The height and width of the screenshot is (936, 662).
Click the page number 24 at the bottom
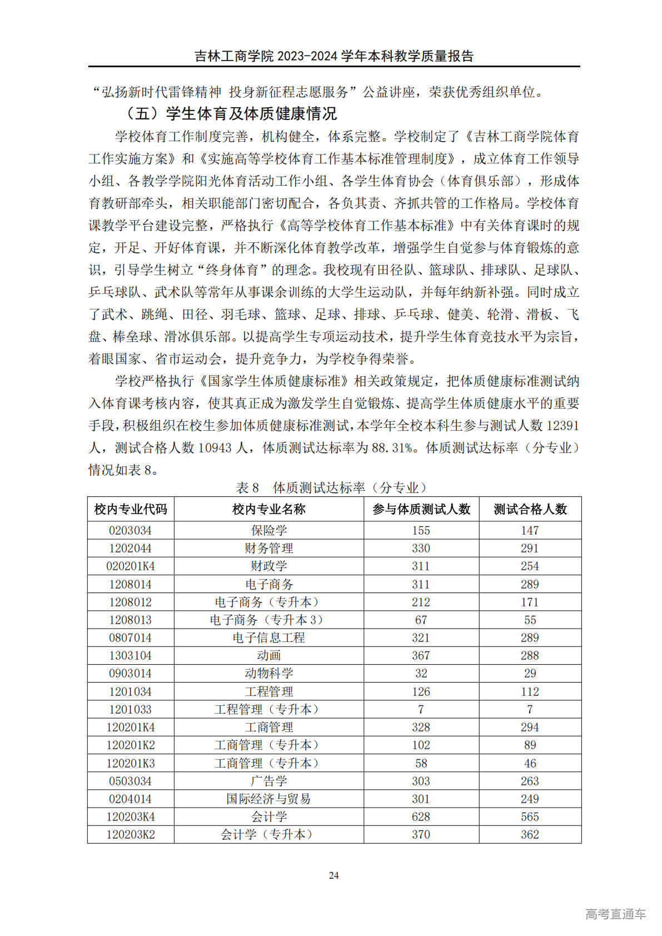334,875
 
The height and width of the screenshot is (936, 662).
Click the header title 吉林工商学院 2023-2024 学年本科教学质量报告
334,56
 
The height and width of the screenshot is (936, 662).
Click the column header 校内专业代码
131,509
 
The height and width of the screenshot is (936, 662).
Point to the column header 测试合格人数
530,509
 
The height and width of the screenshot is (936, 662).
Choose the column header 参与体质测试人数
421,509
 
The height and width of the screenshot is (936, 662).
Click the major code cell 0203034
131,530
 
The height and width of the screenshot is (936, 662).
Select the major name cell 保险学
269,530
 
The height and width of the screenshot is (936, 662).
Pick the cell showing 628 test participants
421,816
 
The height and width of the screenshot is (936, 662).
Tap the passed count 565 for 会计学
530,816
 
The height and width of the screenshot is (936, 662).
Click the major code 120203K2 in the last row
131,834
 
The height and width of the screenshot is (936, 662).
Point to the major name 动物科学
269,673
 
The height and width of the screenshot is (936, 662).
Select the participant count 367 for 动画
421,655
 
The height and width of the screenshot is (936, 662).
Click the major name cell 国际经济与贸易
269,799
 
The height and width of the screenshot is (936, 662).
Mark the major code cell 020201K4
131,566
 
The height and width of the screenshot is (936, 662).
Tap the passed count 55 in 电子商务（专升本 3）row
530,620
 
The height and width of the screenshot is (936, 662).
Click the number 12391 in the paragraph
563,426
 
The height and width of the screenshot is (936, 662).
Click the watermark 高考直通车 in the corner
615,914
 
